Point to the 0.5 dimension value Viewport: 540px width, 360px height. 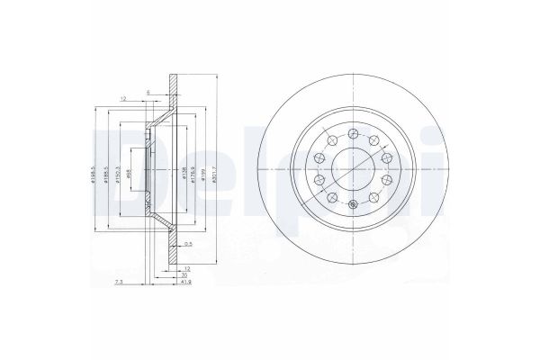pyautogui.click(x=189, y=244)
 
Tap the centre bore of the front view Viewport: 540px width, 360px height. pyautogui.click(x=353, y=167)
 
